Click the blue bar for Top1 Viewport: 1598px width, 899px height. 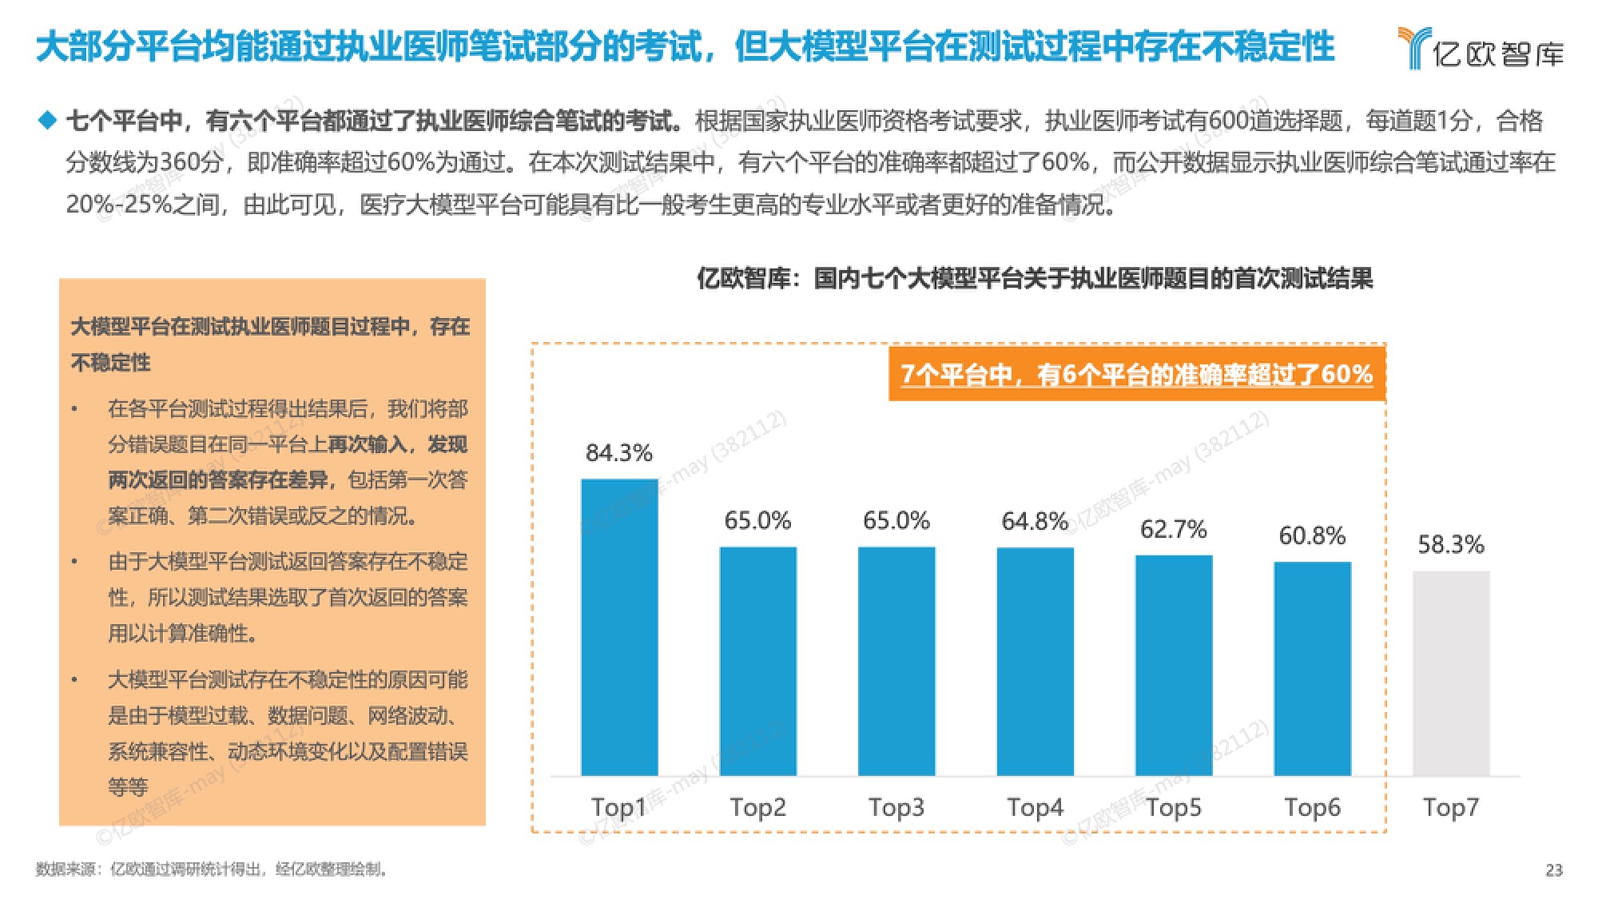(x=619, y=627)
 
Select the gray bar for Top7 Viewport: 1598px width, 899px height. (x=1451, y=673)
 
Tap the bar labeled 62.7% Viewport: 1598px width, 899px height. (x=1174, y=665)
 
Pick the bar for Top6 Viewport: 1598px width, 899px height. (x=1312, y=668)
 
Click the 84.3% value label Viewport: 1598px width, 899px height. (x=619, y=453)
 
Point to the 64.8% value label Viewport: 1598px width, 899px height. (x=1035, y=522)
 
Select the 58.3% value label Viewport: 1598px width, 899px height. (x=1451, y=545)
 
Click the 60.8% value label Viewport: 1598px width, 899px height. (x=1312, y=535)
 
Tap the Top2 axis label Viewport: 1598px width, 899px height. (x=757, y=807)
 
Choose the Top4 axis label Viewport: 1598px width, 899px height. (x=1035, y=807)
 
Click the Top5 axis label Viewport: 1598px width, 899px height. (x=1174, y=807)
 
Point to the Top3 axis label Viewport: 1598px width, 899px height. (x=896, y=807)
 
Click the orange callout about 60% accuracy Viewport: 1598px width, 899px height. (x=1136, y=374)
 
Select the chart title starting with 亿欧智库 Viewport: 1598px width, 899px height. (x=1035, y=279)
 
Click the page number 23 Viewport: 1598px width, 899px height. (x=1553, y=870)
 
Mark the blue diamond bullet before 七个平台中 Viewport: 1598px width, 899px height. (x=48, y=121)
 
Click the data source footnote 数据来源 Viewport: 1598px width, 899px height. (x=212, y=869)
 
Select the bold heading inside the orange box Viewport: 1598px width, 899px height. (x=270, y=344)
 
